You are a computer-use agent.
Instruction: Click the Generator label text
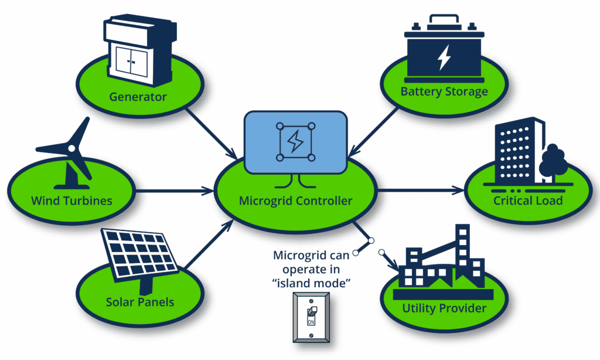138,96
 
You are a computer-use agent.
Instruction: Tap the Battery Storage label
444,91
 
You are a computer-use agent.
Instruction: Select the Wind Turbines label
71,201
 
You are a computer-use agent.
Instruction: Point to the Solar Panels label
140,303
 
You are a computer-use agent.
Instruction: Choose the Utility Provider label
444,308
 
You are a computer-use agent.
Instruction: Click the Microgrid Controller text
296,201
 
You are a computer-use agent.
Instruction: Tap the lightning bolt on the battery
444,57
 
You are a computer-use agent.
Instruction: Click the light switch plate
312,317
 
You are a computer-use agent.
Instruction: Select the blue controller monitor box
295,142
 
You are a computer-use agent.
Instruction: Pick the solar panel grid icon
140,253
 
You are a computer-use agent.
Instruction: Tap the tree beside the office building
553,162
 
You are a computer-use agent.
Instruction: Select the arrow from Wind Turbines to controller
176,190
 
